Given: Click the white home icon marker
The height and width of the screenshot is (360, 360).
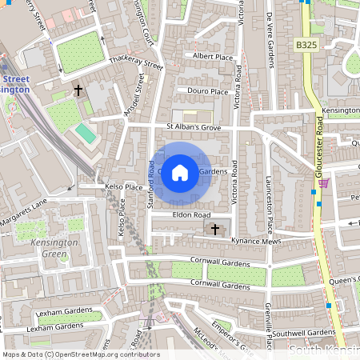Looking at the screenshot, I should pyautogui.click(x=180, y=172).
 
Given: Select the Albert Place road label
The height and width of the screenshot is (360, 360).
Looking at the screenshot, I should pyautogui.click(x=212, y=55).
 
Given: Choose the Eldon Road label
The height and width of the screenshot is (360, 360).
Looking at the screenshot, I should pyautogui.click(x=190, y=215).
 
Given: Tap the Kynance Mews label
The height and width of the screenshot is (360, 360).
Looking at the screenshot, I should pyautogui.click(x=253, y=240).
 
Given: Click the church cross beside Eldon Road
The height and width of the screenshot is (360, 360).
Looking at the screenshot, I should pyautogui.click(x=214, y=230).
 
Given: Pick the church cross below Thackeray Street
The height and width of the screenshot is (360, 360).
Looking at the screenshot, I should pyautogui.click(x=78, y=91).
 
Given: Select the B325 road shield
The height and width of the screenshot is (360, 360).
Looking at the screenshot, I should pyautogui.click(x=306, y=46).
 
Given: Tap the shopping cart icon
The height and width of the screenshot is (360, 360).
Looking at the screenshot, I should pyautogui.click(x=323, y=183).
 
